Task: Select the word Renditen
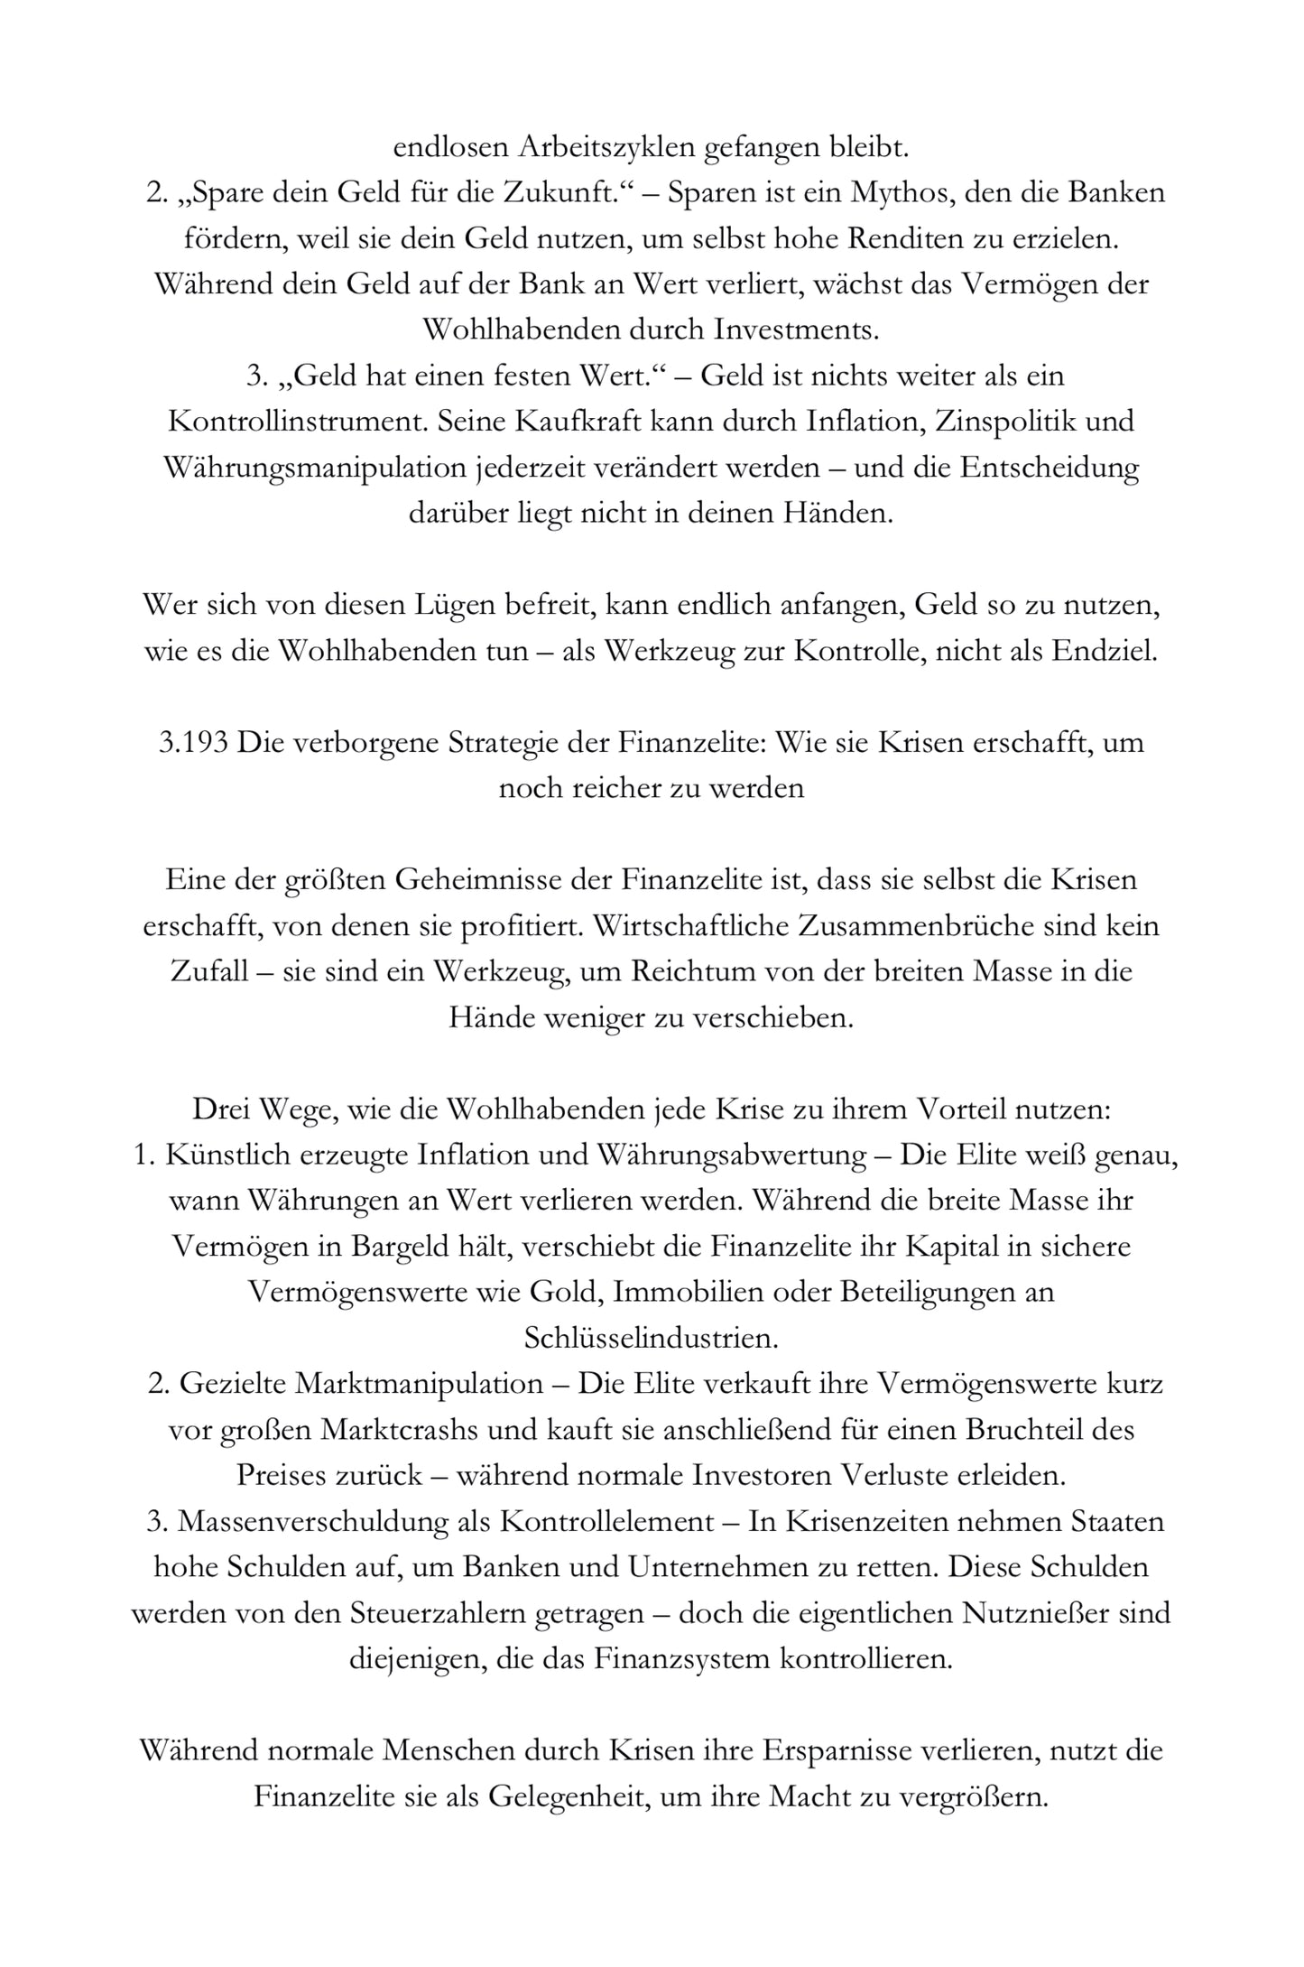(x=944, y=238)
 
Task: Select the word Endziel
(x=1104, y=651)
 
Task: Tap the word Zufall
(x=209, y=972)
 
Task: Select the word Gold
(x=565, y=1293)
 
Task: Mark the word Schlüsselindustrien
(x=651, y=1339)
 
